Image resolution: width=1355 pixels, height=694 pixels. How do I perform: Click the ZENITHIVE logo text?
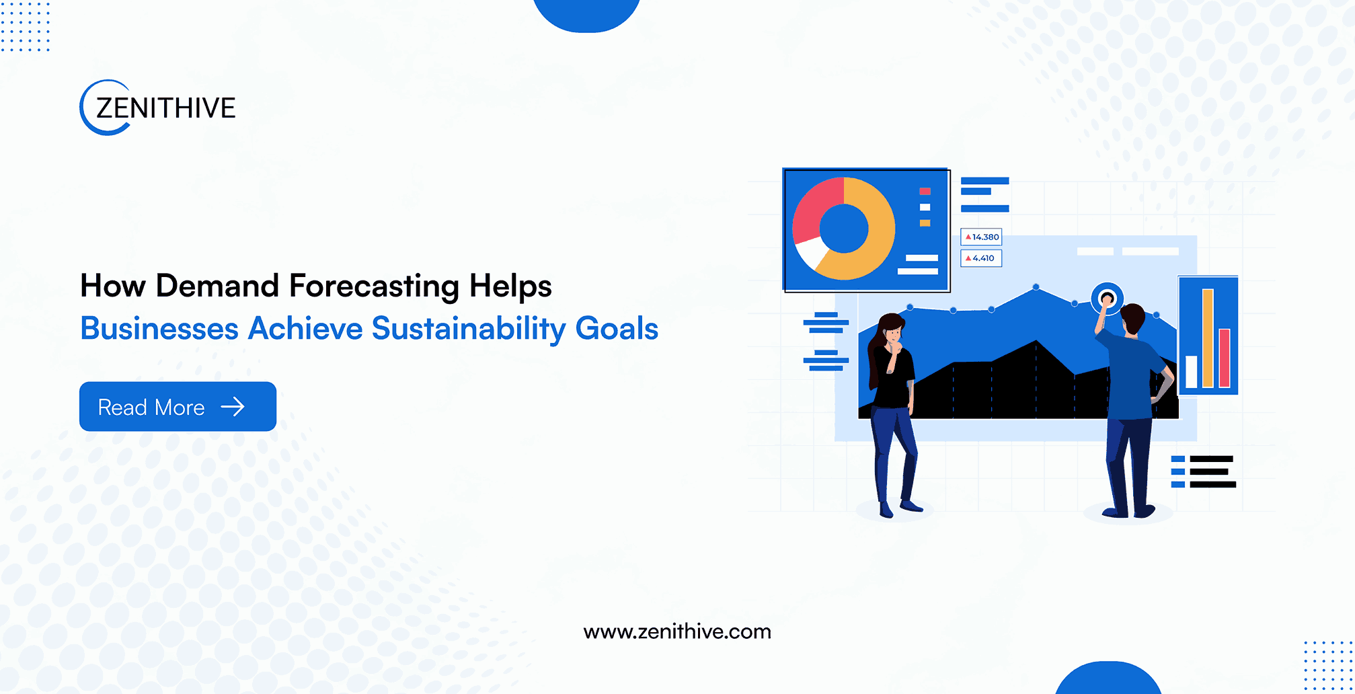166,108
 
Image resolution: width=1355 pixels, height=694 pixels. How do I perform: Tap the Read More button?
178,406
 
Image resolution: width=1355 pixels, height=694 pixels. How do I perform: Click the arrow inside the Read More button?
233,406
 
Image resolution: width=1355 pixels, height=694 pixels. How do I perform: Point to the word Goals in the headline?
617,328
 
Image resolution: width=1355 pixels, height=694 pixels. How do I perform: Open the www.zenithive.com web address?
677,631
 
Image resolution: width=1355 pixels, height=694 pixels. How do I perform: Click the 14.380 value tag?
981,237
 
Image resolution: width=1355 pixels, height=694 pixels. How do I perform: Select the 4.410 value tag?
980,258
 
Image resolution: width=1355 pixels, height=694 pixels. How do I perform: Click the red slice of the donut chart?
815,207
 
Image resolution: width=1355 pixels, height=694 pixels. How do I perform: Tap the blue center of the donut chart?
844,229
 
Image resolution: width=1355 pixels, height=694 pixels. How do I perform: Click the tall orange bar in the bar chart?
1208,338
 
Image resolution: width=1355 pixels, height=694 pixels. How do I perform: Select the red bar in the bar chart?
1225,358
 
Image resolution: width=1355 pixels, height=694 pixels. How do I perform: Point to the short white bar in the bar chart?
1192,372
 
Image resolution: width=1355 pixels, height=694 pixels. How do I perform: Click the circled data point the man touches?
1107,297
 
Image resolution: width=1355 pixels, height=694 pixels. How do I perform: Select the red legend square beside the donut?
925,192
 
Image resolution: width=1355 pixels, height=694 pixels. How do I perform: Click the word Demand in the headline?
217,286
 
